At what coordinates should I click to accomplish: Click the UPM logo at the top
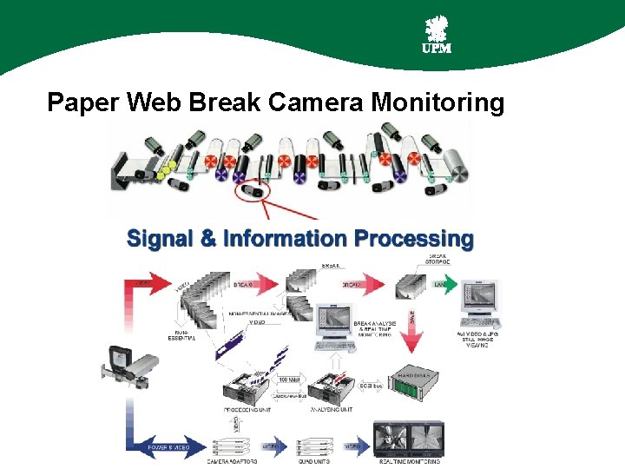click(436, 36)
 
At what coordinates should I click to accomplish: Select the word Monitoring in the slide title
click(437, 103)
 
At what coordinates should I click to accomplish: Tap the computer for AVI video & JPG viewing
click(476, 305)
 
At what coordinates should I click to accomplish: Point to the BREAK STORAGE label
click(438, 259)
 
